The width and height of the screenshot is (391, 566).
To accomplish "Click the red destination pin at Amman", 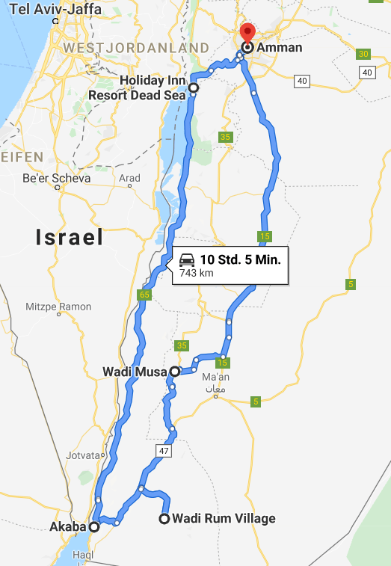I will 246,34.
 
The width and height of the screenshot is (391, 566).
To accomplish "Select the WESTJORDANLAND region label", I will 136,48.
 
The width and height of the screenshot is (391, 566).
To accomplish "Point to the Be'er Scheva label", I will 56,179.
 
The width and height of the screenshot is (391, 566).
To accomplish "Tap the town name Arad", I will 129,179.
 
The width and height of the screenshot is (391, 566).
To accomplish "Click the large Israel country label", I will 69,238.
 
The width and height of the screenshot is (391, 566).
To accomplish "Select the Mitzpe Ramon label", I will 58,307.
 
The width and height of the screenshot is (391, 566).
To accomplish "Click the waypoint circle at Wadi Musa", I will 174,371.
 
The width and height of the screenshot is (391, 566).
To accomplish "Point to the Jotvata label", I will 83,455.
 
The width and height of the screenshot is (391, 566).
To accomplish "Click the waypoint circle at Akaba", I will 94,526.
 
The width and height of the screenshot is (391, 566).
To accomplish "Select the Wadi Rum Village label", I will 224,518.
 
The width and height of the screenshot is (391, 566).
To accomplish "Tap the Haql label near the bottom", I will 84,556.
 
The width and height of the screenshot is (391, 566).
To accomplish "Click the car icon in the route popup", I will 186,261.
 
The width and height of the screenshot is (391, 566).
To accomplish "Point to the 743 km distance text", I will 191,274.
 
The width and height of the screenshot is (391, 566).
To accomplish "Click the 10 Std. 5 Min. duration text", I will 240,260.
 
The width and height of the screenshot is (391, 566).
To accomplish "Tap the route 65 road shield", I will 144,295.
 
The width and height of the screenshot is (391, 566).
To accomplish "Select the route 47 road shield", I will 164,452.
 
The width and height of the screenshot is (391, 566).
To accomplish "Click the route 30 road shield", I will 364,54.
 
